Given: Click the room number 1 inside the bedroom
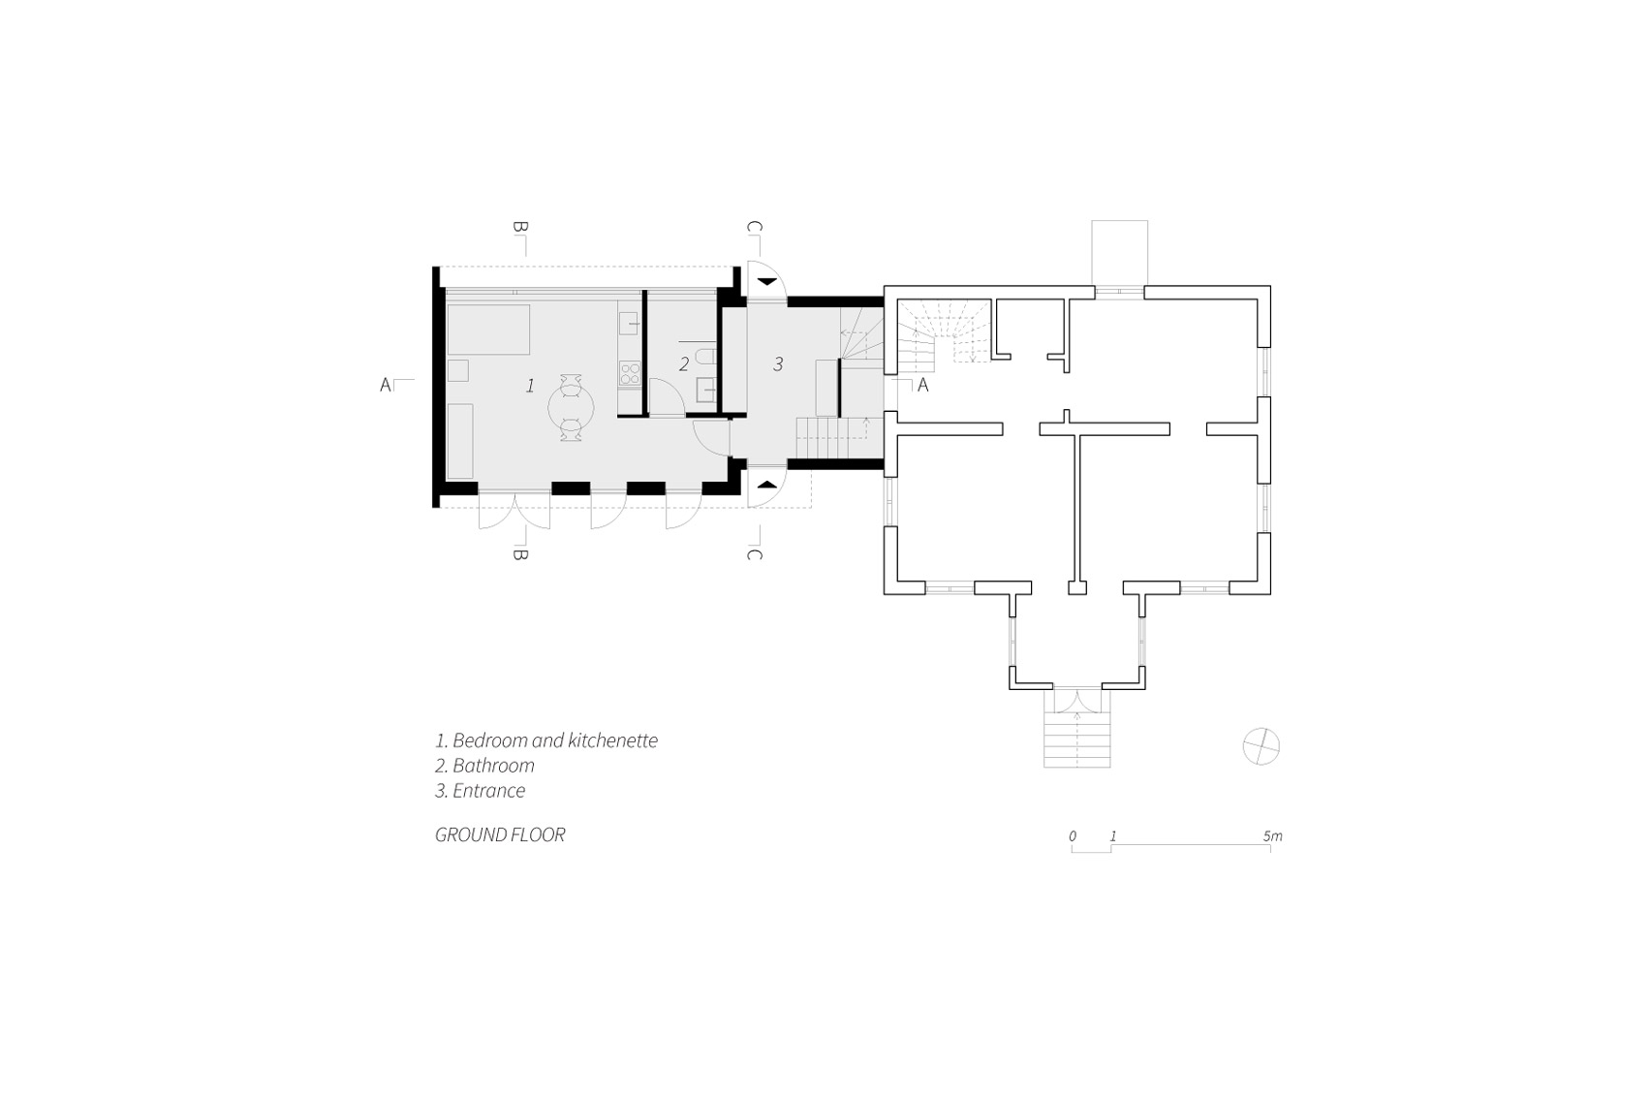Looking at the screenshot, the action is (530, 385).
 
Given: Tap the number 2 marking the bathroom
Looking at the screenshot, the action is (684, 363).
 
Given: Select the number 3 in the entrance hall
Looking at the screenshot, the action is (778, 363).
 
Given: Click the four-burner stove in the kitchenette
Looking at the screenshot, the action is (630, 373).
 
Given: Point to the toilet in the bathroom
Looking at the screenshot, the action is (704, 358).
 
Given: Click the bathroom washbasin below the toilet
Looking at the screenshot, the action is (705, 390).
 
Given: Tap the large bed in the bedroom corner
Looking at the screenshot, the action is (488, 329).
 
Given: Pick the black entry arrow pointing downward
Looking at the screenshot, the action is (767, 281).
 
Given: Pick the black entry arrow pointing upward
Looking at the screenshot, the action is (767, 485).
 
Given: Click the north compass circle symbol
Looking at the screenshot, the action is (1262, 746).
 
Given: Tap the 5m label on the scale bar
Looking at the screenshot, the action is (1273, 836).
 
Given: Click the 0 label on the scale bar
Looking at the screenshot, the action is (1073, 836).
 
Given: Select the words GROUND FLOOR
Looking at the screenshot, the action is (500, 834).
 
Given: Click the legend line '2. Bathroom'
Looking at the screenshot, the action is (484, 766).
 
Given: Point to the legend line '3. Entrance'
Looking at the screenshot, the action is (480, 791).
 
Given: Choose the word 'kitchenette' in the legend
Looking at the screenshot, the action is (613, 740).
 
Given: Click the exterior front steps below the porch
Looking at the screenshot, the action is (1076, 739).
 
